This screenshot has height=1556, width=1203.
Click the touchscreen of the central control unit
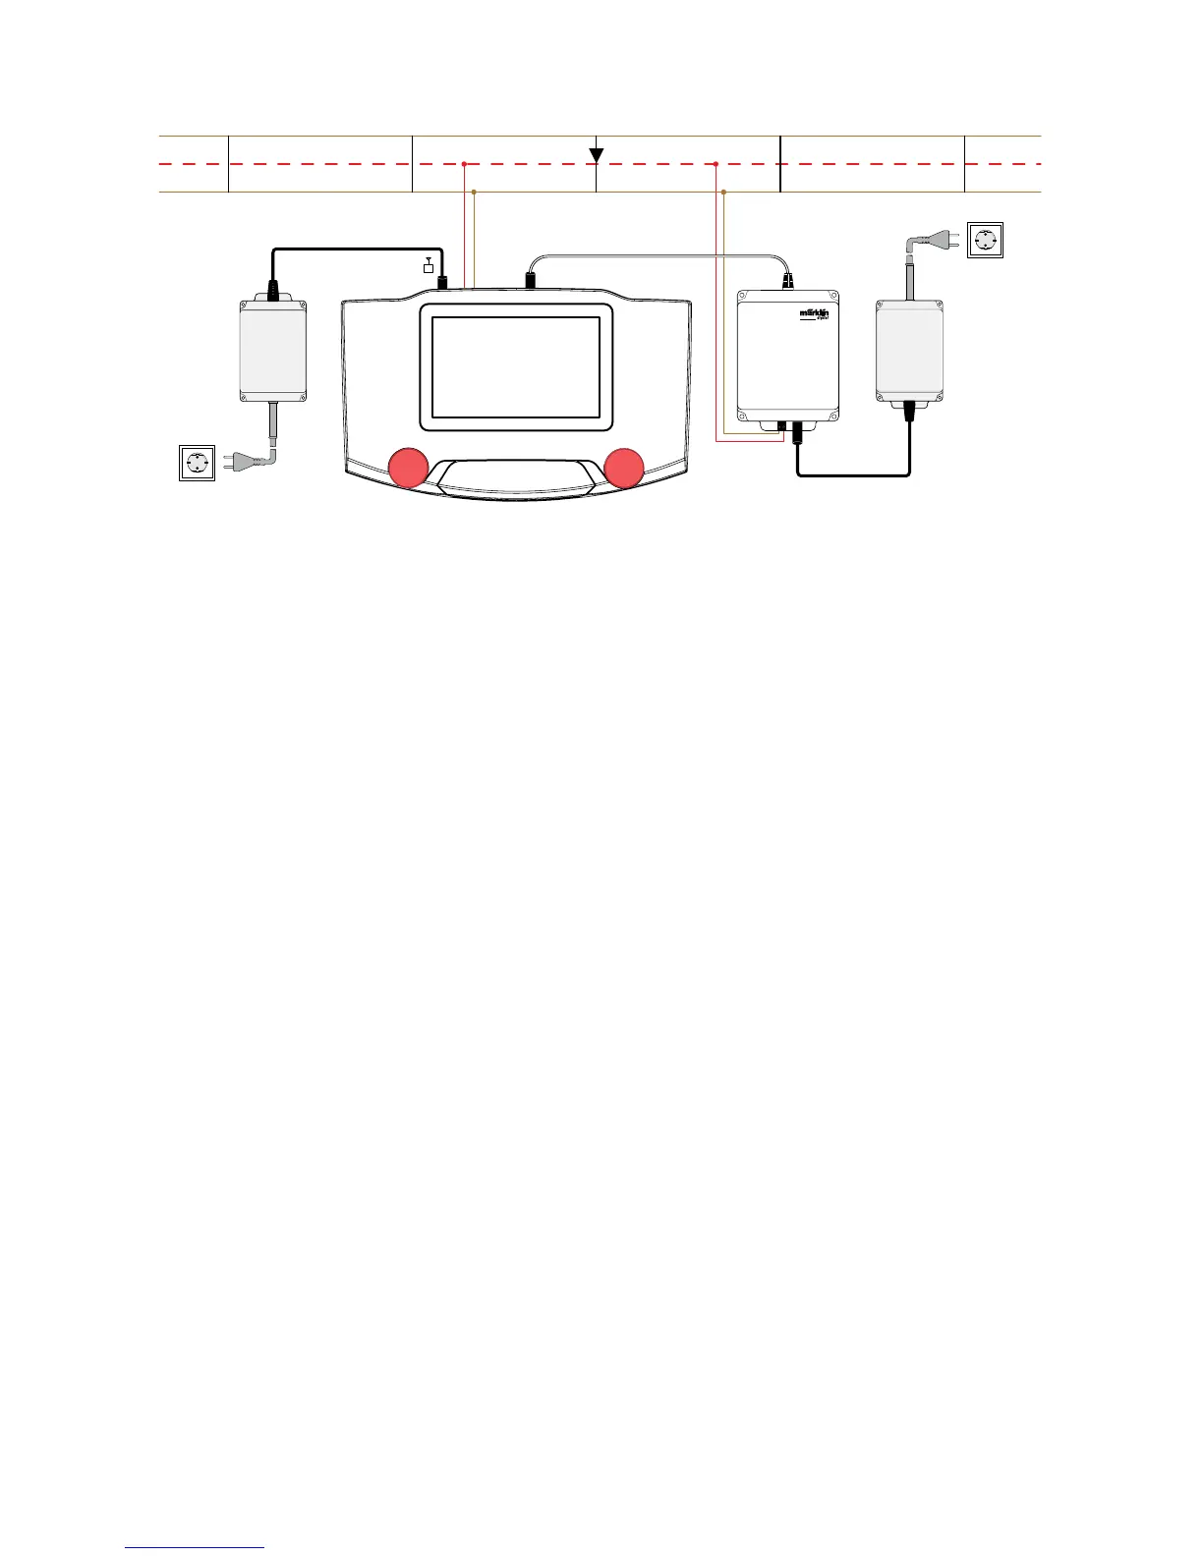(516, 367)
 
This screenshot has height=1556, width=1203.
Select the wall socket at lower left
(197, 463)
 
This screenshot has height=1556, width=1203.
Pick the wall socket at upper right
(986, 240)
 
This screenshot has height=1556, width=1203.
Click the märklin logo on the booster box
(815, 314)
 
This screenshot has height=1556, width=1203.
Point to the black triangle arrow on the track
(596, 155)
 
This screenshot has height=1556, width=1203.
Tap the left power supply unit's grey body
(272, 349)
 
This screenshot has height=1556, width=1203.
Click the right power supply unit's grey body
(909, 349)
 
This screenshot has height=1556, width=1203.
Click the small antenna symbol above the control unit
(428, 265)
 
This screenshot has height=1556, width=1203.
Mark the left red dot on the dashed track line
(463, 164)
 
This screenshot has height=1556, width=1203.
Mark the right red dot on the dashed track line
(716, 164)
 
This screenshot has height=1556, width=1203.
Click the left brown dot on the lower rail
(475, 192)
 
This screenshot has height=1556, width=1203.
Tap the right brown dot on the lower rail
(724, 192)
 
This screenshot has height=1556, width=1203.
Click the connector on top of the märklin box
(787, 281)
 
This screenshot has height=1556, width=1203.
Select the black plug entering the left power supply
(272, 290)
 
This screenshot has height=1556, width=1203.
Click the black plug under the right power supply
(909, 411)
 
